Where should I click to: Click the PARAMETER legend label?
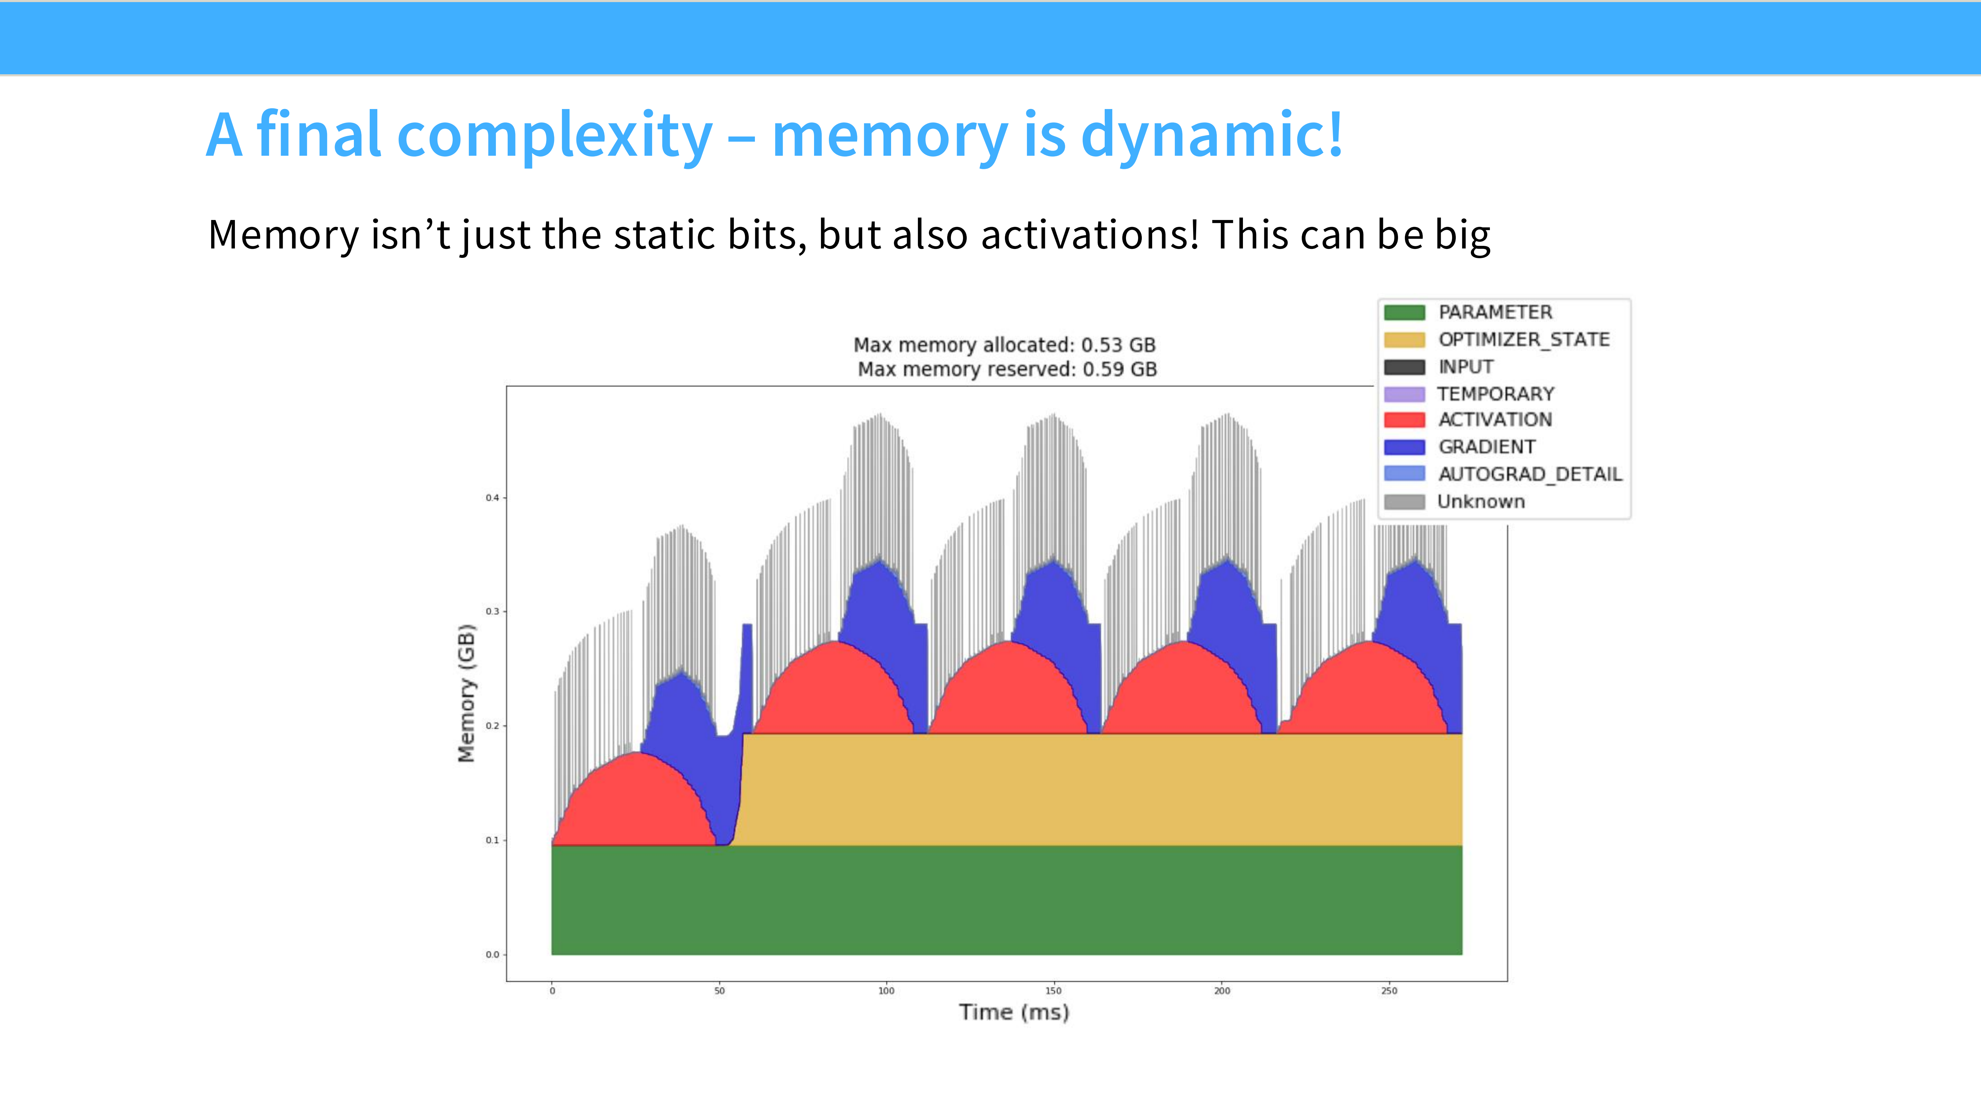tap(1495, 312)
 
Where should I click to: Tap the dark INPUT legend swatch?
tap(1404, 367)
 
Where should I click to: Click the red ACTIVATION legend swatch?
tap(1404, 420)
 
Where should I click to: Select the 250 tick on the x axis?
tap(1389, 991)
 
